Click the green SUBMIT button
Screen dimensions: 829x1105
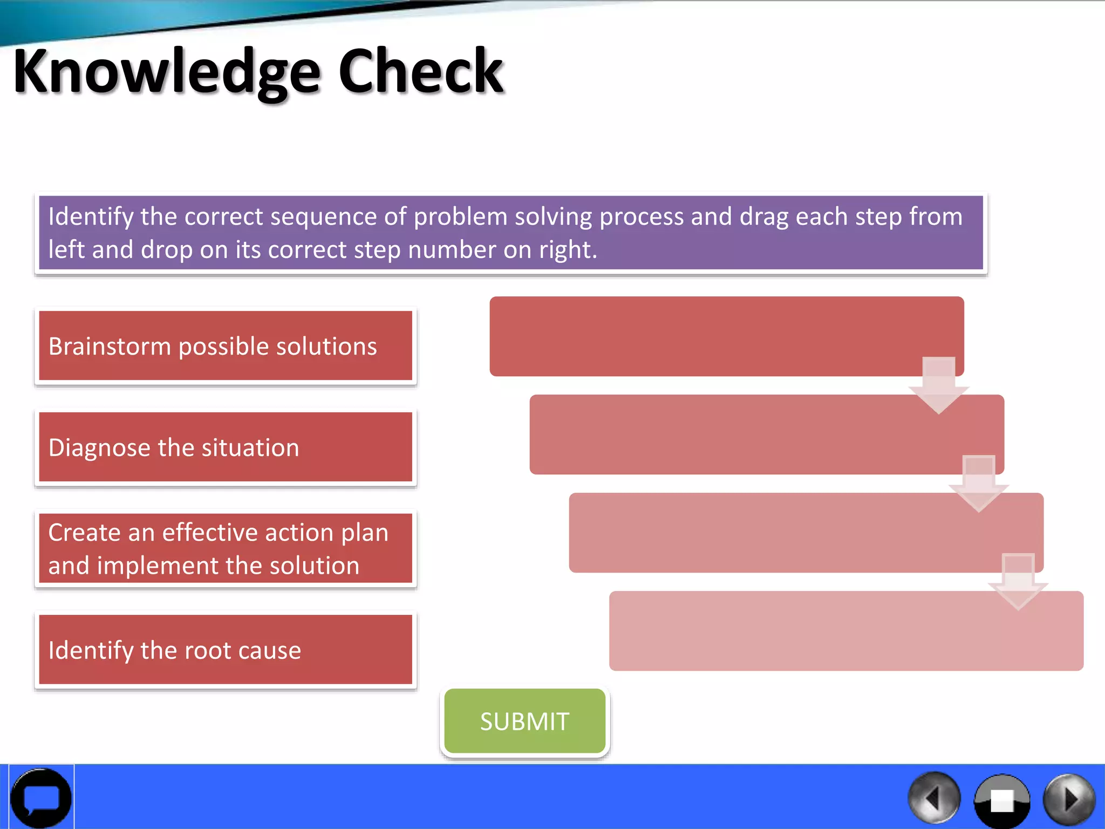(x=524, y=721)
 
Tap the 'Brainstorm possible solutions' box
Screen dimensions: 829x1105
(x=226, y=346)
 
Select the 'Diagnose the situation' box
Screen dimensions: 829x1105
(x=226, y=447)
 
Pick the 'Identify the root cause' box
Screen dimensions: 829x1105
(x=226, y=650)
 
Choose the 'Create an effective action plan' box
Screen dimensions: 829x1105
(x=226, y=548)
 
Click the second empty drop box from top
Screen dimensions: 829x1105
(x=745, y=434)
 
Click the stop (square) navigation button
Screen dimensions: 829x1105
(x=1002, y=800)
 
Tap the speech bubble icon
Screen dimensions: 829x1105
(x=41, y=798)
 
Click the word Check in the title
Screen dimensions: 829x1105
(x=421, y=71)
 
